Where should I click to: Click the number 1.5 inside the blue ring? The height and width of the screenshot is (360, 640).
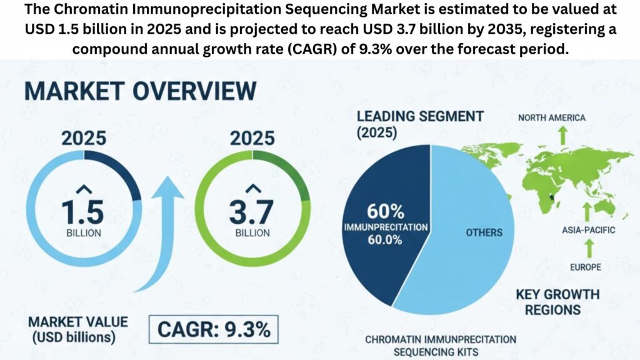pyautogui.click(x=83, y=211)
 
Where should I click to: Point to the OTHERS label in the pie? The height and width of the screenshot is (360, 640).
pyautogui.click(x=484, y=232)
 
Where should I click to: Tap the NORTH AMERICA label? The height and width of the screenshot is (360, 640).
pyautogui.click(x=552, y=117)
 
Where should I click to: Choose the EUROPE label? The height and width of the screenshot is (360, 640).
pyautogui.click(x=586, y=267)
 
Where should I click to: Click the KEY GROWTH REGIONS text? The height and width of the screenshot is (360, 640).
pyautogui.click(x=557, y=301)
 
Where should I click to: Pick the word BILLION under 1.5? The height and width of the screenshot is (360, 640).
pyautogui.click(x=83, y=233)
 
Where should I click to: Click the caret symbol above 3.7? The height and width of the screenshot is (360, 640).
pyautogui.click(x=252, y=189)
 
